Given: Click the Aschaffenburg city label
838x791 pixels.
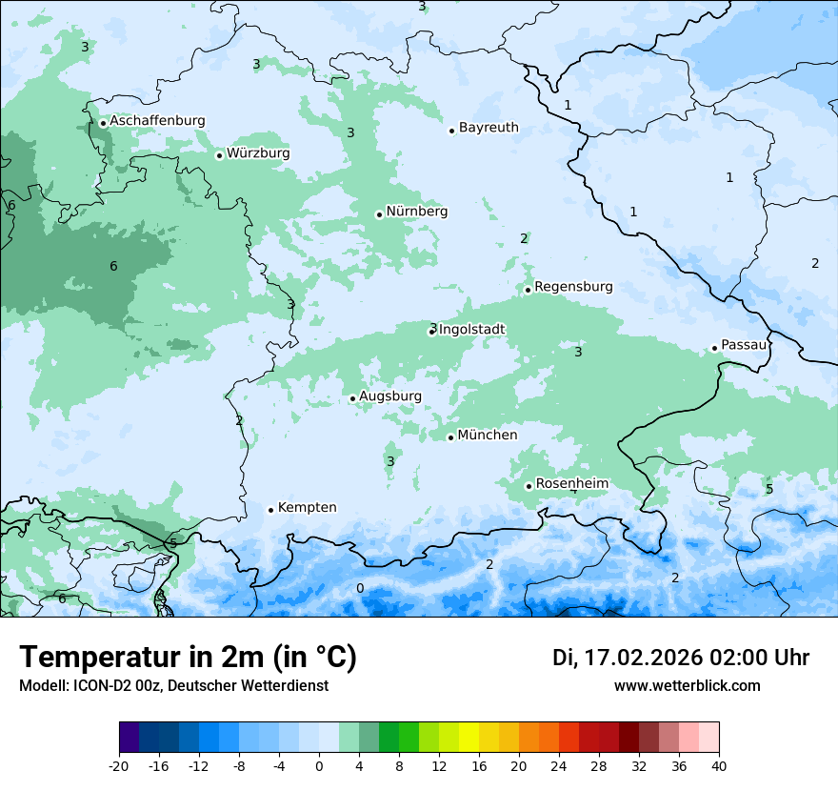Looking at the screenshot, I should (157, 121).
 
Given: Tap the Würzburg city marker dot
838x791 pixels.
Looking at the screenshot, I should (219, 155).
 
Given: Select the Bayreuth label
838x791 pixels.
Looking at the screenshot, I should (489, 128).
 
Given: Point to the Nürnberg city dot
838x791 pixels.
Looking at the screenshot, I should (379, 214).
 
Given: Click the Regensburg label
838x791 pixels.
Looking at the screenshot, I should (573, 287).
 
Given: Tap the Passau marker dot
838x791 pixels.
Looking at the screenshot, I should (714, 348).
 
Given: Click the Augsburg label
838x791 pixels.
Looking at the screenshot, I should (390, 396).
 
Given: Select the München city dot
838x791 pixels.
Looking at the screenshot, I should (450, 437).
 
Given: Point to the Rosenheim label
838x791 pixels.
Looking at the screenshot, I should (571, 484).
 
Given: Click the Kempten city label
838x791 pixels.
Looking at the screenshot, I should (307, 508).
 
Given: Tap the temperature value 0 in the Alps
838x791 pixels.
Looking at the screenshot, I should (359, 588).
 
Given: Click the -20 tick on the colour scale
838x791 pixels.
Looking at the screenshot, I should (119, 765).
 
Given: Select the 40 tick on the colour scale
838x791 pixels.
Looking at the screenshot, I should (719, 765).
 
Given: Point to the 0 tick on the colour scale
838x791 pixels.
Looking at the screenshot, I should (319, 765).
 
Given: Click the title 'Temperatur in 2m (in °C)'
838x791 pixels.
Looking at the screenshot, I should (188, 657).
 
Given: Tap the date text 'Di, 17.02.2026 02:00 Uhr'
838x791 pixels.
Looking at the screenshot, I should (681, 658).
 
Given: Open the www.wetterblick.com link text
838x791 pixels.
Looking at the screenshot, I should (687, 686).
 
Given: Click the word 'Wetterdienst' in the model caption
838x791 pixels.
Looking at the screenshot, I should (285, 686).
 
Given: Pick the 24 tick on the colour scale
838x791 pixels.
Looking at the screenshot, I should (559, 765).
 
